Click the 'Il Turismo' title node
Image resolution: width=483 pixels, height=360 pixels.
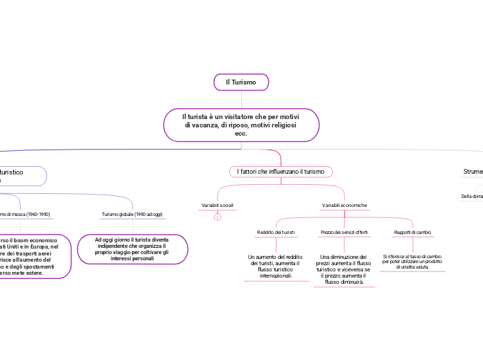[x=241, y=82]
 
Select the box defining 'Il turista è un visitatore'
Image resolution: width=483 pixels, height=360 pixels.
[x=241, y=125]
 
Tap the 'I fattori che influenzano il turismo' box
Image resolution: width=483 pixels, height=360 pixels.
[x=281, y=171]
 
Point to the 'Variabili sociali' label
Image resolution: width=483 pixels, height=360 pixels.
[x=217, y=206]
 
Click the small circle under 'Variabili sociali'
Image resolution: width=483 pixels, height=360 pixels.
[x=217, y=217]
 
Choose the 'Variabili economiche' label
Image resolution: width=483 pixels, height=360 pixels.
[x=344, y=206]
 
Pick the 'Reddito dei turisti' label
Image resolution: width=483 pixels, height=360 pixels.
[x=276, y=232]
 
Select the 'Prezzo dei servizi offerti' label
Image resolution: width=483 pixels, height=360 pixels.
[x=344, y=232]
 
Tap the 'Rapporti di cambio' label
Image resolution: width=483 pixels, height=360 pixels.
[x=412, y=232]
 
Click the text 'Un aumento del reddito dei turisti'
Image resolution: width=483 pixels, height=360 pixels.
[x=275, y=267]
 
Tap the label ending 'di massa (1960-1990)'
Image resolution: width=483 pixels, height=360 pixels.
[x=25, y=215]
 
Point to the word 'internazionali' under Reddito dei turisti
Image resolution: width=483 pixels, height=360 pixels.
[x=275, y=276]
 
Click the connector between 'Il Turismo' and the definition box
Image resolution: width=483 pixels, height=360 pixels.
[x=241, y=99]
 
